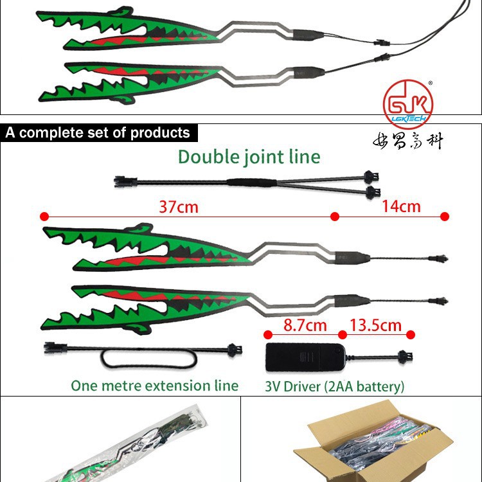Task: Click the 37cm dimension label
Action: click(178, 206)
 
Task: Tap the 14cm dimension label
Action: click(401, 206)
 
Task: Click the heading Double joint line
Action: click(249, 156)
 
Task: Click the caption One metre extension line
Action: click(154, 386)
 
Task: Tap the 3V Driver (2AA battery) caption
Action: click(335, 386)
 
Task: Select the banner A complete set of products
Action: click(98, 133)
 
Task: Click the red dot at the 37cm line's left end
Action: click(44, 217)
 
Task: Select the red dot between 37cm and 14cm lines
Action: click(334, 217)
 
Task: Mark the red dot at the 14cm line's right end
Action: click(445, 217)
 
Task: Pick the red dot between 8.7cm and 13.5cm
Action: click(343, 334)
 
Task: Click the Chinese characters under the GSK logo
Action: click(409, 139)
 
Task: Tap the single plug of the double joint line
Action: click(120, 181)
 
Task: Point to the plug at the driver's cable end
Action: click(405, 353)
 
